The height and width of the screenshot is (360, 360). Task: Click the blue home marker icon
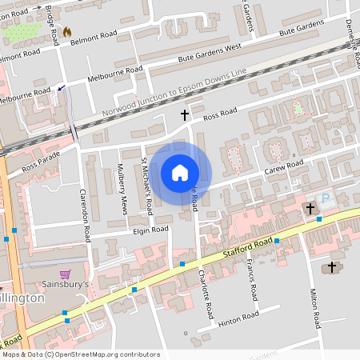(180, 173)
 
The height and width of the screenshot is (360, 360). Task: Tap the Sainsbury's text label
(66, 284)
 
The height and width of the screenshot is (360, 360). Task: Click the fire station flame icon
(66, 32)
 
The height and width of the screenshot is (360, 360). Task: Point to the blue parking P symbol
(325, 198)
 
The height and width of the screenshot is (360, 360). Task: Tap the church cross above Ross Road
(185, 115)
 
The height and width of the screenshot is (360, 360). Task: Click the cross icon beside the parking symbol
(309, 208)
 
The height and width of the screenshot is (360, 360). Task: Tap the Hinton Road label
(238, 318)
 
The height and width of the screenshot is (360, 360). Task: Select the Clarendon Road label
(84, 216)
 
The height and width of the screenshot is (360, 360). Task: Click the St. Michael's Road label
(147, 186)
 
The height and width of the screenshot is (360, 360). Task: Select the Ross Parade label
(41, 162)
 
